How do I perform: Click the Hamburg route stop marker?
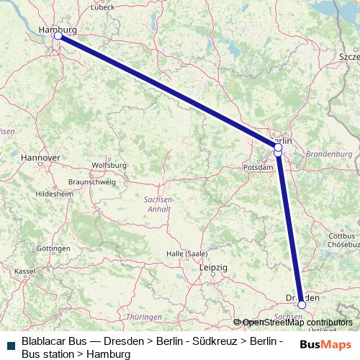pyautogui.click(x=58, y=35)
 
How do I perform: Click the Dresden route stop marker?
pyautogui.click(x=302, y=305)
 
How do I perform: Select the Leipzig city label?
pyautogui.click(x=212, y=267)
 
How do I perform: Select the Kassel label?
pyautogui.click(x=24, y=271)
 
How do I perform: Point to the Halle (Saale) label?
pyautogui.click(x=186, y=253)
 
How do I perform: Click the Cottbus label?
pyautogui.click(x=342, y=235)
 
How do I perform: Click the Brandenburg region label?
pyautogui.click(x=328, y=154)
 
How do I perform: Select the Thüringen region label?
pyautogui.click(x=143, y=317)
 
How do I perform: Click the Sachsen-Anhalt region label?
pyautogui.click(x=158, y=204)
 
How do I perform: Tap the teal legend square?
pyautogui.click(x=10, y=346)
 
